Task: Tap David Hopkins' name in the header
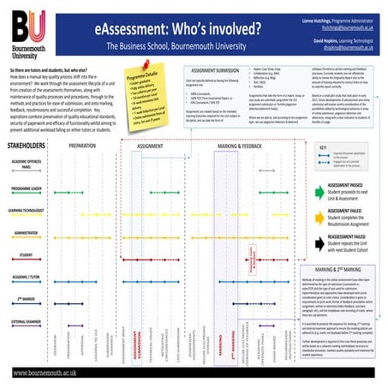pos(333,39)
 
